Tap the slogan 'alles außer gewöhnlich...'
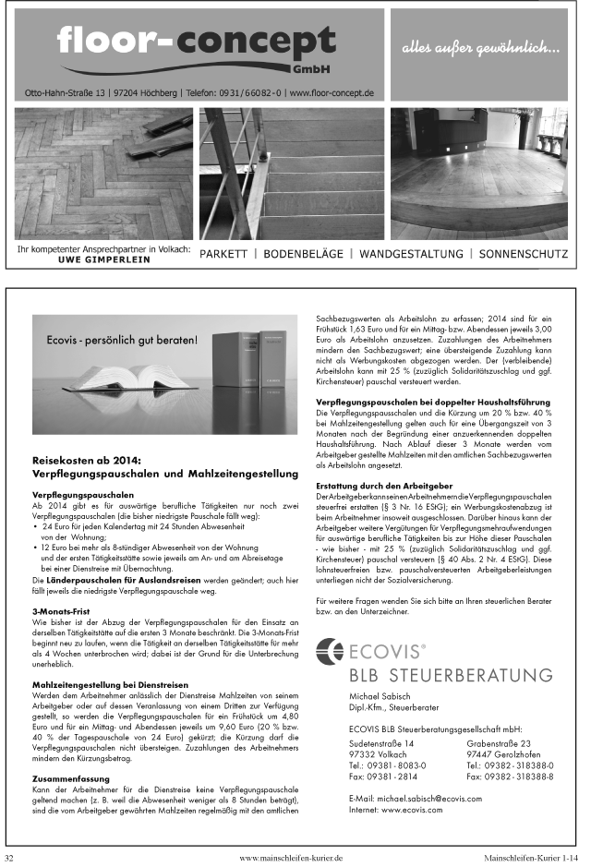coord(480,47)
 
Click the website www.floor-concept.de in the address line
coord(331,93)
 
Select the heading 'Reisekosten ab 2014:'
coord(86,459)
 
